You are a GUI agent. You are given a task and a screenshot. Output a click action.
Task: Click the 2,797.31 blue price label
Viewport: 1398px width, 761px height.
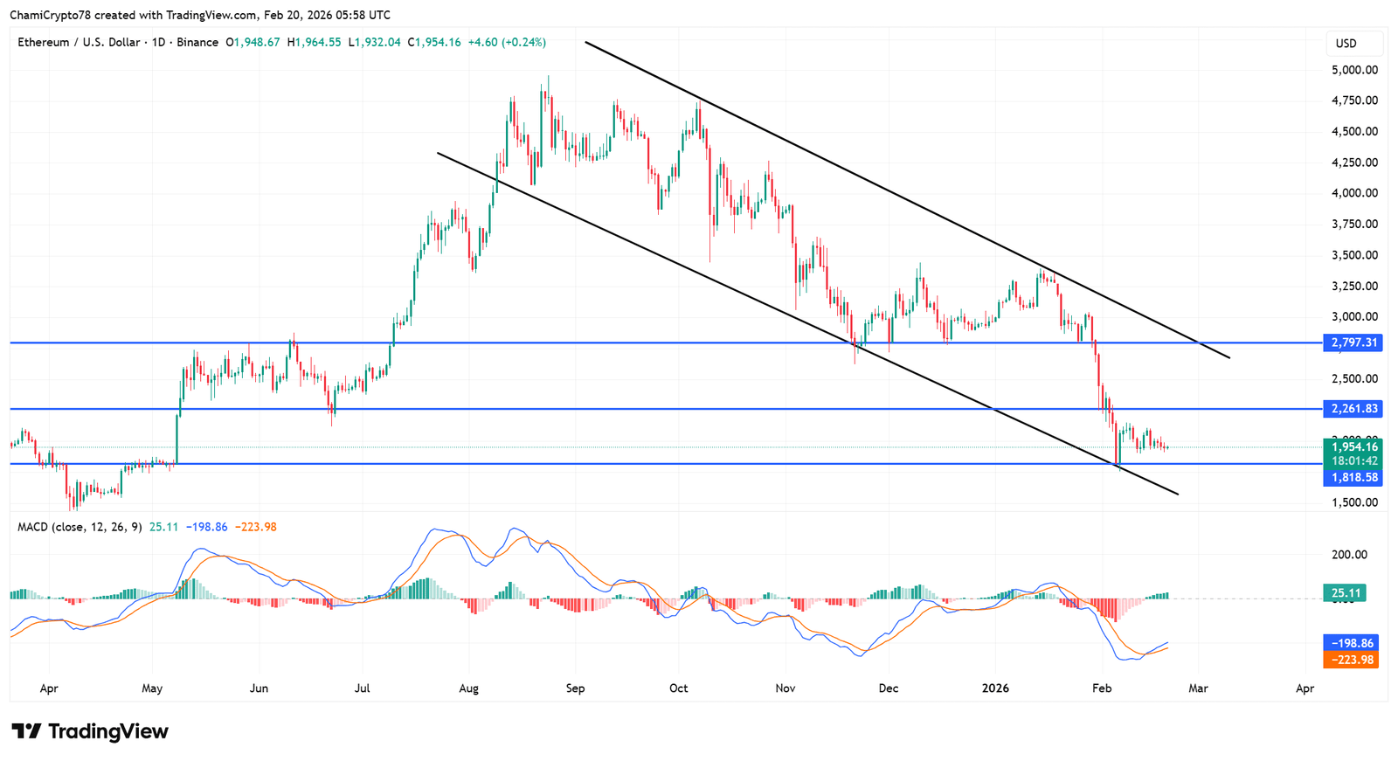1353,342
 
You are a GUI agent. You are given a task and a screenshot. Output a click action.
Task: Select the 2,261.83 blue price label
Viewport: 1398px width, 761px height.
1353,408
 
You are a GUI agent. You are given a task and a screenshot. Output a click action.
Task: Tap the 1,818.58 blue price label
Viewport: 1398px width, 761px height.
1353,477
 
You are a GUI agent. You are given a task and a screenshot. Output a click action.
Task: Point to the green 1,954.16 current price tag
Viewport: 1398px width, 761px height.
1353,446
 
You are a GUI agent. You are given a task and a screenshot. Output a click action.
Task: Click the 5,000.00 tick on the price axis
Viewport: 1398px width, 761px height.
1354,70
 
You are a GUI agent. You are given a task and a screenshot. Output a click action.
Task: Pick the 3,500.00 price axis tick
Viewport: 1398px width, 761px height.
1354,255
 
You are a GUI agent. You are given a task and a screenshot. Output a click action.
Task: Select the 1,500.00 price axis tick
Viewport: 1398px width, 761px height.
1354,502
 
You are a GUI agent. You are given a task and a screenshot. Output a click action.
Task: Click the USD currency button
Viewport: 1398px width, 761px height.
1346,44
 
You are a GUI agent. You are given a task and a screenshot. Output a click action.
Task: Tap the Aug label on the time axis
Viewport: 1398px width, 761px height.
468,688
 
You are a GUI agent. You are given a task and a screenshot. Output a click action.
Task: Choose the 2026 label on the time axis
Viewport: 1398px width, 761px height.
995,688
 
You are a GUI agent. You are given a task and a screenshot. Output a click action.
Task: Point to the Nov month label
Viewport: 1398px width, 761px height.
786,688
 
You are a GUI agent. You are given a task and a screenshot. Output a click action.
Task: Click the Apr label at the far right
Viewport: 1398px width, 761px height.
1305,688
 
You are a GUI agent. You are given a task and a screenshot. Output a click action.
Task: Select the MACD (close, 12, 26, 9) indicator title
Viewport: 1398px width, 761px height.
80,527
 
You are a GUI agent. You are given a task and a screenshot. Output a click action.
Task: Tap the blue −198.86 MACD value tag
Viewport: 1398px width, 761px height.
1351,642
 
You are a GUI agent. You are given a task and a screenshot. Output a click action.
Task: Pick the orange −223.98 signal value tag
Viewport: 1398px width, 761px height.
1351,660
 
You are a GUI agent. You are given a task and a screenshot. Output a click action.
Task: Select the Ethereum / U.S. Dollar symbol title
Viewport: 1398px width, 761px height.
79,42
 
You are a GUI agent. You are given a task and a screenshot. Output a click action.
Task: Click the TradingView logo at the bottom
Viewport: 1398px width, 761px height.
90,731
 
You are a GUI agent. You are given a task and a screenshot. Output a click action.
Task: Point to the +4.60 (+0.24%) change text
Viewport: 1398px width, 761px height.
507,42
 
